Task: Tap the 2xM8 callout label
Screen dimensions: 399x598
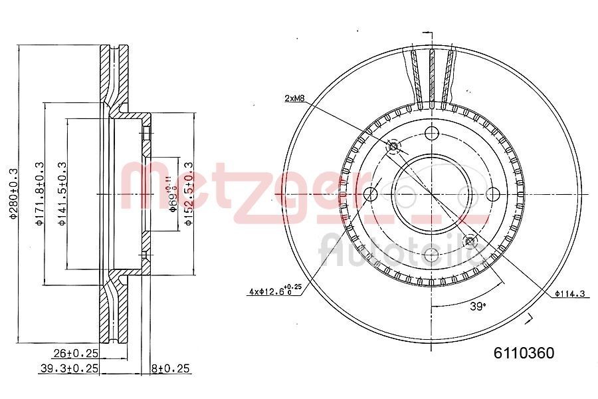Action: pyautogui.click(x=295, y=98)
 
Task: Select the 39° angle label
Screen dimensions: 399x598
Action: pyautogui.click(x=477, y=306)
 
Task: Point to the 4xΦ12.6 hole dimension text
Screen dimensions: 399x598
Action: pyautogui.click(x=275, y=291)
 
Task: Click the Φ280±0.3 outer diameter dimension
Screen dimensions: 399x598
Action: pyautogui.click(x=12, y=193)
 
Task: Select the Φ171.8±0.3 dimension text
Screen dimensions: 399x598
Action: pyautogui.click(x=39, y=193)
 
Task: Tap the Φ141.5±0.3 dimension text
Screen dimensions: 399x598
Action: pyautogui.click(x=61, y=193)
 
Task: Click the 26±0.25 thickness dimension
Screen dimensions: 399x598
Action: pyautogui.click(x=76, y=354)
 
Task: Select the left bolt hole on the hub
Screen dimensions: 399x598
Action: pyautogui.click(x=371, y=194)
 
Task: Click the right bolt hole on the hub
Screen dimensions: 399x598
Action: pyautogui.click(x=493, y=194)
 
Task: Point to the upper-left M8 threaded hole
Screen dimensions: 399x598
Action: pyautogui.click(x=394, y=146)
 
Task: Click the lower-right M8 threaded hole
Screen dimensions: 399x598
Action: pyautogui.click(x=470, y=241)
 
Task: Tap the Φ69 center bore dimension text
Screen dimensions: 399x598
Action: pyautogui.click(x=171, y=193)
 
